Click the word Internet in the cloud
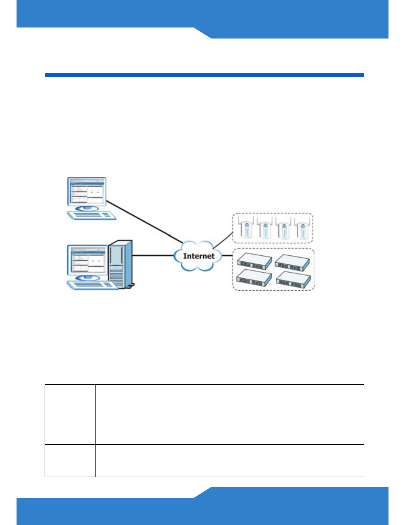click(x=199, y=256)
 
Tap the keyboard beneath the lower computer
click(x=93, y=285)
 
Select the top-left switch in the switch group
click(x=254, y=261)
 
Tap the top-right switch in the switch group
click(x=292, y=261)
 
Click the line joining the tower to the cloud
click(x=153, y=255)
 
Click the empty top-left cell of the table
click(x=70, y=414)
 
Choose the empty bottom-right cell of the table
click(x=229, y=461)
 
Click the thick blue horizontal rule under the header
click(x=204, y=75)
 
